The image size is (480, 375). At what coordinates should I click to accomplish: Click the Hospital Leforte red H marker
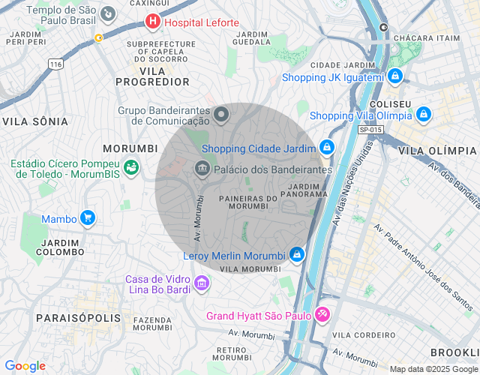153,22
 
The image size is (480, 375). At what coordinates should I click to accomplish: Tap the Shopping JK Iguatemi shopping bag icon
396,76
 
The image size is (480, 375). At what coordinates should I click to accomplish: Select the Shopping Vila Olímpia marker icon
424,115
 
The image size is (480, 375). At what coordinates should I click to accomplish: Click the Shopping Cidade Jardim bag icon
326,148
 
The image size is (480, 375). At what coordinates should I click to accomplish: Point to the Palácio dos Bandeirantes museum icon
202,169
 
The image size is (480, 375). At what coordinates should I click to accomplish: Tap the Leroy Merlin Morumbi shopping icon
298,255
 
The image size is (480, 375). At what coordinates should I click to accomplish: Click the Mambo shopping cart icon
88,218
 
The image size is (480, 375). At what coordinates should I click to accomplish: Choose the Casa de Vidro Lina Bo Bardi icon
201,283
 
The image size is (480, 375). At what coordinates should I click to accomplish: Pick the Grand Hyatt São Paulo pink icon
322,313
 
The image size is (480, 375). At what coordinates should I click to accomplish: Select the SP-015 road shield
370,130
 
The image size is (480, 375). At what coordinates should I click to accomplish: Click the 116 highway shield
55,65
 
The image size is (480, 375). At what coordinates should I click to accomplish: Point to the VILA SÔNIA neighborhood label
35,121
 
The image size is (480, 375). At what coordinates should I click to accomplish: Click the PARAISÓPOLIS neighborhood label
78,318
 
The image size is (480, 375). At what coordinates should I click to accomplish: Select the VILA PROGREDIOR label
153,75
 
